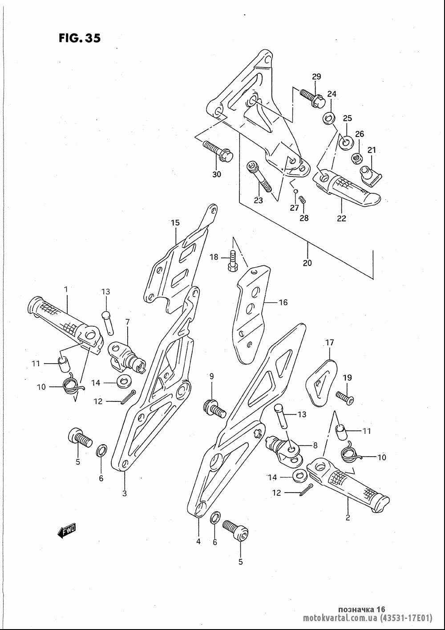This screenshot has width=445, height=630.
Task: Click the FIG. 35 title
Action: click(79, 38)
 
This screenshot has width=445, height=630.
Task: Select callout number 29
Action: click(316, 76)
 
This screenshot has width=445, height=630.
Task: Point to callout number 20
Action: click(307, 263)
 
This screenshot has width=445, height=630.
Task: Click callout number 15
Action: click(175, 223)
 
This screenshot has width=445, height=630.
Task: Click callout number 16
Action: click(283, 302)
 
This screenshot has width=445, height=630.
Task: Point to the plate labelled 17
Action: click(321, 383)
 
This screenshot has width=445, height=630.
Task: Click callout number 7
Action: click(128, 321)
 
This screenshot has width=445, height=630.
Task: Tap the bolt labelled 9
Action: click(214, 409)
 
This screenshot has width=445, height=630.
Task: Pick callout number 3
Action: click(125, 494)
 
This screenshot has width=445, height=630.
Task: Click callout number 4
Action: click(198, 542)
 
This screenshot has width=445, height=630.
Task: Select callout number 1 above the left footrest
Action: click(66, 289)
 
